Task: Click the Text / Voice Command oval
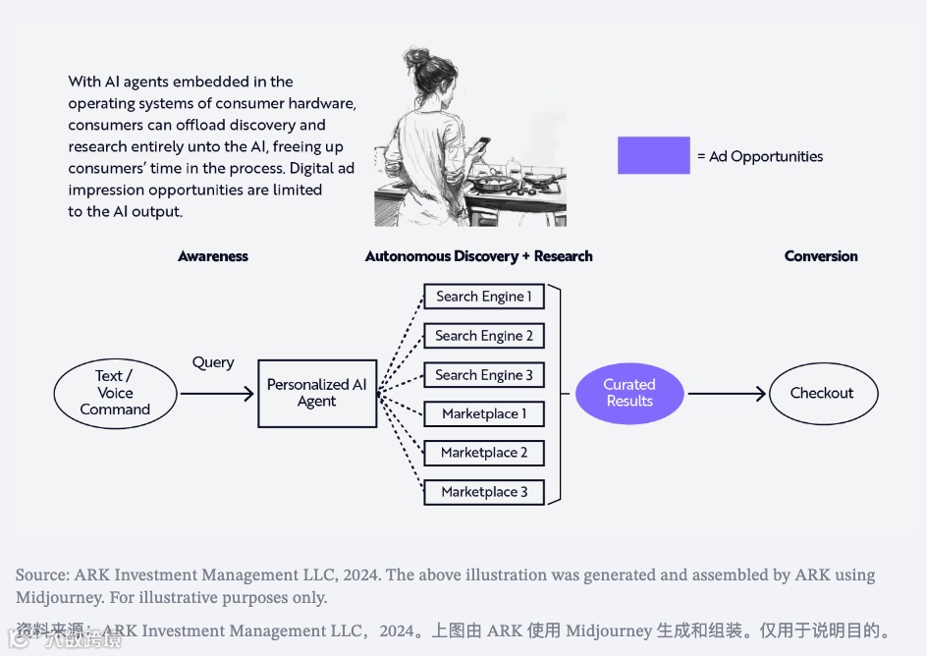[115, 393]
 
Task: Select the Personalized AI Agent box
[317, 393]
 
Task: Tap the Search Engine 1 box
[483, 297]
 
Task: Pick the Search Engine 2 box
[483, 336]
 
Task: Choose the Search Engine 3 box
[483, 375]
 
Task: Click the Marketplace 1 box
[483, 413]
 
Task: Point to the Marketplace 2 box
[483, 453]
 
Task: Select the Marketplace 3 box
[483, 492]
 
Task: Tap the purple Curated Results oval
[629, 393]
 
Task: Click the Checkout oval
[822, 393]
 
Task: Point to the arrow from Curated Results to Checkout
[727, 394]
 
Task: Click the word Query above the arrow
[213, 362]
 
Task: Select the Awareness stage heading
[213, 256]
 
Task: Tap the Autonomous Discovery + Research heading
[478, 256]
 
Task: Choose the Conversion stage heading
[821, 256]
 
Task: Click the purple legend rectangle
[653, 155]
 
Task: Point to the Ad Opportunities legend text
[760, 156]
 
